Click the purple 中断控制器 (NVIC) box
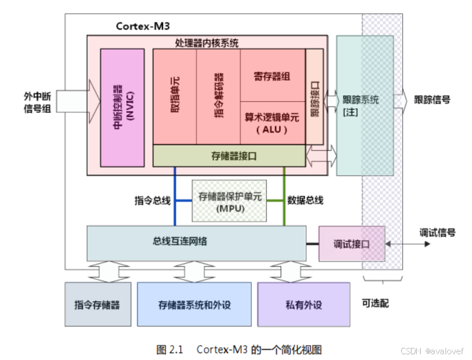pyautogui.click(x=122, y=108)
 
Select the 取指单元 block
pyautogui.click(x=175, y=97)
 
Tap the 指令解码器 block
pyautogui.click(x=218, y=97)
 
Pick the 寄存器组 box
pyautogui.click(x=272, y=75)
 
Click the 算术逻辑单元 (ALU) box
pyautogui.click(x=272, y=123)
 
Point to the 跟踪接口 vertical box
pyautogui.click(x=315, y=97)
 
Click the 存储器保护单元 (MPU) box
pyautogui.click(x=230, y=201)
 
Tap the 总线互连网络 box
pyautogui.click(x=196, y=242)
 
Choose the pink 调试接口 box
pyautogui.click(x=352, y=244)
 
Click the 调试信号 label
pyautogui.click(x=437, y=233)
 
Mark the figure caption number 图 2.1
pyautogui.click(x=169, y=350)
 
